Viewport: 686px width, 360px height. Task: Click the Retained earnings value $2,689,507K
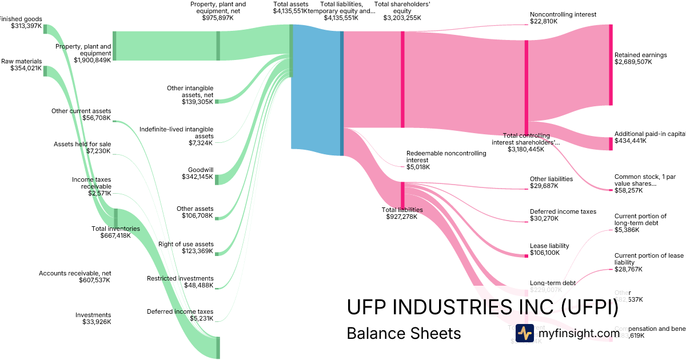tap(633, 62)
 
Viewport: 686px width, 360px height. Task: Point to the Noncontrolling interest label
tap(563, 14)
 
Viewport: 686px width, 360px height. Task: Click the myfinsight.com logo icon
tap(524, 333)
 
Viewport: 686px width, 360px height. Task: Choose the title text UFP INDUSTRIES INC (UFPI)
tap(482, 307)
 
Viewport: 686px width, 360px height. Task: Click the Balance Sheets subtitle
tap(404, 333)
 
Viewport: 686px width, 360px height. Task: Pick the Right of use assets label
tap(186, 244)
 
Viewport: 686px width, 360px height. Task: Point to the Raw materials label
tap(21, 61)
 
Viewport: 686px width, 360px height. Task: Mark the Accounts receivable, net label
tap(74, 273)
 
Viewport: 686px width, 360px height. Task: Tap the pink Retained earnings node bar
tap(611, 65)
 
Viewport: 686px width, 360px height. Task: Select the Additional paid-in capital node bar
tap(611, 143)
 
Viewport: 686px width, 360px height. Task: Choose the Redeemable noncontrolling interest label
tap(446, 157)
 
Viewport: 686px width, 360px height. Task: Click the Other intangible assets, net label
tap(190, 91)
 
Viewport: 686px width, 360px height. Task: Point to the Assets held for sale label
tap(82, 144)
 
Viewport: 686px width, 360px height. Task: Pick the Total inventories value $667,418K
tap(115, 235)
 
